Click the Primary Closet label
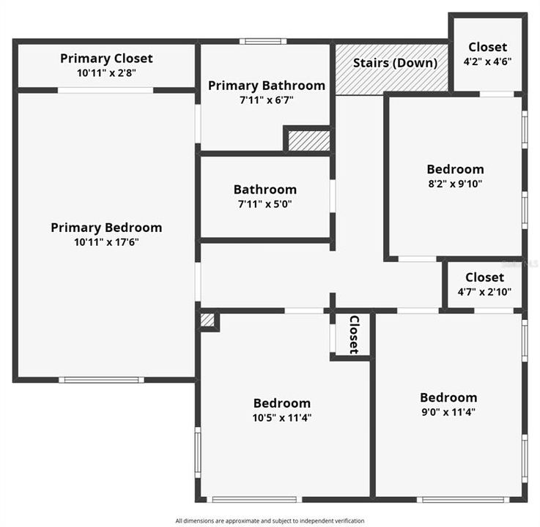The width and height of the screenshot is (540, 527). pyautogui.click(x=106, y=58)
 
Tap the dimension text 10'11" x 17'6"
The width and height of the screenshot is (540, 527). pyautogui.click(x=106, y=242)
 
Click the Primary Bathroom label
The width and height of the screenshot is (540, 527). pyautogui.click(x=266, y=86)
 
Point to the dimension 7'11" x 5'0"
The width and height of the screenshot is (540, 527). pyautogui.click(x=265, y=204)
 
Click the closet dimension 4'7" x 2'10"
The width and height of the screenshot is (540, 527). pyautogui.click(x=484, y=292)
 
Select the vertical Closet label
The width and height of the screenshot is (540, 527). pyautogui.click(x=353, y=334)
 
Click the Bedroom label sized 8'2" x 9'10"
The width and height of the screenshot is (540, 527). pyautogui.click(x=455, y=169)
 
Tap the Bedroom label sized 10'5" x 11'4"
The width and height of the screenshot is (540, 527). pyautogui.click(x=282, y=403)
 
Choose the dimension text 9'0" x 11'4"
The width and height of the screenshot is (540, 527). pyautogui.click(x=448, y=412)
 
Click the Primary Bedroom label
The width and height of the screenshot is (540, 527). pyautogui.click(x=106, y=227)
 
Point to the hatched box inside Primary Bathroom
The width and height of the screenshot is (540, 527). pyautogui.click(x=308, y=140)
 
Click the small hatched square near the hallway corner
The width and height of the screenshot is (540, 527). pyautogui.click(x=208, y=320)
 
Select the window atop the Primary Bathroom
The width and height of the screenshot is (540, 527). pyautogui.click(x=262, y=41)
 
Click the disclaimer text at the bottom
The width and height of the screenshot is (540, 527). pyautogui.click(x=270, y=520)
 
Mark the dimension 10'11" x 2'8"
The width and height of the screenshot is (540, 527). pyautogui.click(x=106, y=72)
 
